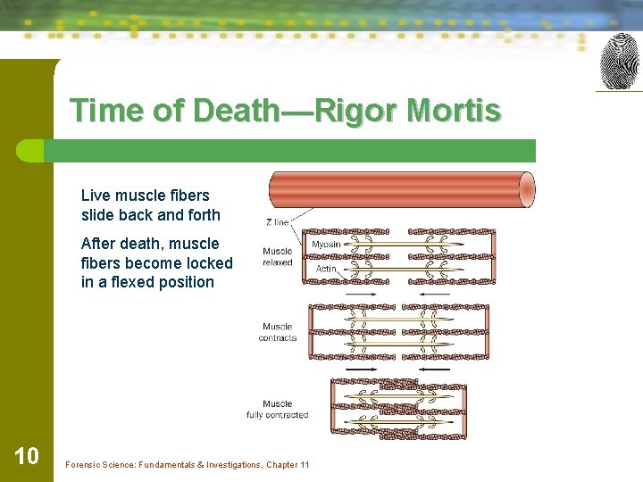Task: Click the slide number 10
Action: pyautogui.click(x=27, y=457)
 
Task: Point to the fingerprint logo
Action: pyautogui.click(x=619, y=61)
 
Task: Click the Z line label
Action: pyautogui.click(x=277, y=222)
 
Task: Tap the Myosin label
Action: pyautogui.click(x=326, y=244)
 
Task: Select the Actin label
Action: pyautogui.click(x=326, y=268)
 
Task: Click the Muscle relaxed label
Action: pyautogui.click(x=278, y=256)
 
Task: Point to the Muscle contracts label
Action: pyautogui.click(x=278, y=332)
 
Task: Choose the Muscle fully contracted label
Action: pyautogui.click(x=278, y=410)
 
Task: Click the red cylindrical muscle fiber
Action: pyautogui.click(x=402, y=190)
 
